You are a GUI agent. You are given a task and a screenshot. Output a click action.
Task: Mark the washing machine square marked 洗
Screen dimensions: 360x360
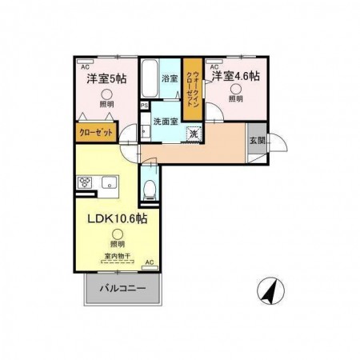193,134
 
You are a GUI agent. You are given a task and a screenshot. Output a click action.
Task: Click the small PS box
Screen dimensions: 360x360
144,105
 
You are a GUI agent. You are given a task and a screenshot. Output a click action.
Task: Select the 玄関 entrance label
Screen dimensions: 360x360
258,140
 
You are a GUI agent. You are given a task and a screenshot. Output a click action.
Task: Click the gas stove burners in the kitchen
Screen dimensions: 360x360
86,183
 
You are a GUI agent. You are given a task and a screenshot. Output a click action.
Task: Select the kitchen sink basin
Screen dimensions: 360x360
108,184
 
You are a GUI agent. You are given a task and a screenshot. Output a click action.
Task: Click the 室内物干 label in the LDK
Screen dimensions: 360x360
117,258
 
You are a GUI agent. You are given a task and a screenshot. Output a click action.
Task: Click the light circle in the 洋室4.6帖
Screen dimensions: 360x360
236,90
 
